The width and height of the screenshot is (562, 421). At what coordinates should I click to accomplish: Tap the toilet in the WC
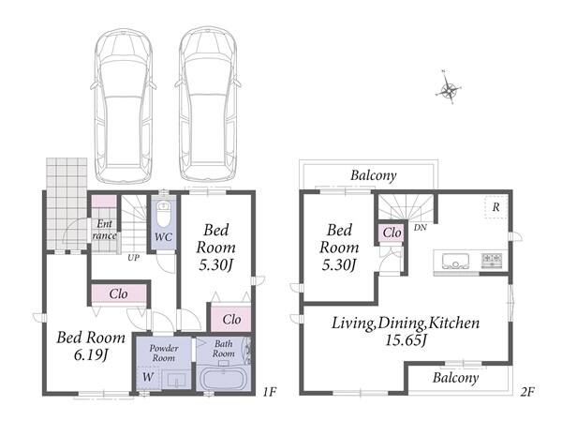[x=164, y=215]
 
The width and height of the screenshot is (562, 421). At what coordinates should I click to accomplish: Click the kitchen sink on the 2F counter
[x=455, y=261]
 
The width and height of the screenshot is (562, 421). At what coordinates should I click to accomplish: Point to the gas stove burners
[x=492, y=261]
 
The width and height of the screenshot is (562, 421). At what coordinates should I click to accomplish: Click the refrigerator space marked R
[x=496, y=207]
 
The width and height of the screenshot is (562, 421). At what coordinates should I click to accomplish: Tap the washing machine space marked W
[x=148, y=377]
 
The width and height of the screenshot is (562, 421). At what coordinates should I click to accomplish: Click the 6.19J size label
[x=91, y=355]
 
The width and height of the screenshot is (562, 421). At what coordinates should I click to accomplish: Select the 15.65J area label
[x=406, y=339]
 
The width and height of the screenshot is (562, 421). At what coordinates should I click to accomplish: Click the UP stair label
[x=133, y=257]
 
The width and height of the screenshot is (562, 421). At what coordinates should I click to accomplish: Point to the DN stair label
[x=420, y=228]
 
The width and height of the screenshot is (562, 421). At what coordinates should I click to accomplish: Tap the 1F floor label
[x=270, y=392]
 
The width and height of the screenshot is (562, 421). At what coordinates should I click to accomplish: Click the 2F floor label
[x=527, y=392]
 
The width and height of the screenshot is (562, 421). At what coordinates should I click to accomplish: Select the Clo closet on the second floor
[x=392, y=233]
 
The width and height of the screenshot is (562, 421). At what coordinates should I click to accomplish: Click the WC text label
[x=163, y=237]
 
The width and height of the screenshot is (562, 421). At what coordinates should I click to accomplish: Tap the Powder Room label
[x=163, y=353]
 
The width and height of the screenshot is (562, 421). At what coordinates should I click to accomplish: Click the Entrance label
[x=104, y=230]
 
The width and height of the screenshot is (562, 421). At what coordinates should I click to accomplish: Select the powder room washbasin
[x=177, y=380]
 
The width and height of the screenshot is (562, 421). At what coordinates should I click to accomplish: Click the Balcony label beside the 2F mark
[x=455, y=378]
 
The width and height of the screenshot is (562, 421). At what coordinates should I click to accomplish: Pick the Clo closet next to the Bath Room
[x=231, y=319]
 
